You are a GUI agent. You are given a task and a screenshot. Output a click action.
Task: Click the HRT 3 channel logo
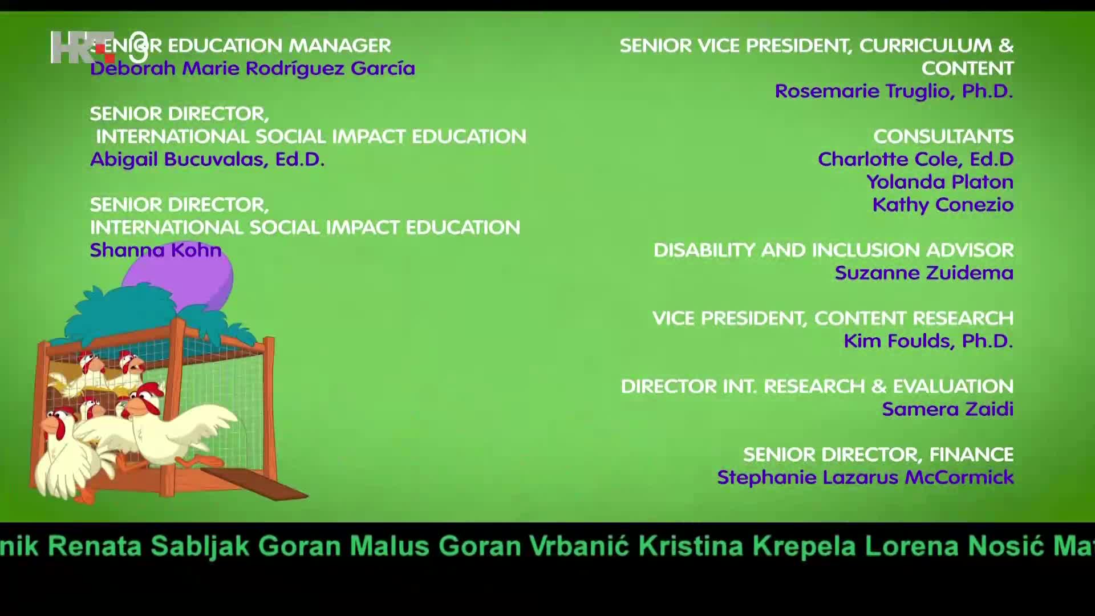pyautogui.click(x=100, y=47)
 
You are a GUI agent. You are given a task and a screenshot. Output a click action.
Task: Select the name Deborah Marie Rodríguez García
pyautogui.click(x=253, y=68)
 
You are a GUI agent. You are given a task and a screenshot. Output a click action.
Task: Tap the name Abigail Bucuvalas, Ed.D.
pyautogui.click(x=207, y=159)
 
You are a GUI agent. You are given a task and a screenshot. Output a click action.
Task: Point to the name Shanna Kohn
pyautogui.click(x=156, y=250)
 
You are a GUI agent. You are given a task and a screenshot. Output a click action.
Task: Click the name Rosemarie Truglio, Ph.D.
pyautogui.click(x=894, y=91)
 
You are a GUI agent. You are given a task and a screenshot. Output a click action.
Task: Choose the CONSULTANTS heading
pyautogui.click(x=943, y=136)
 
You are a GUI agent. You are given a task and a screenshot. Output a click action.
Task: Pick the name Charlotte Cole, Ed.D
pyautogui.click(x=915, y=159)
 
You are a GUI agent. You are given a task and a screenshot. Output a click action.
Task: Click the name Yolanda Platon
pyautogui.click(x=940, y=182)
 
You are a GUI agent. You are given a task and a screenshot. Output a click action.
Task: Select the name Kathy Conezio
pyautogui.click(x=943, y=205)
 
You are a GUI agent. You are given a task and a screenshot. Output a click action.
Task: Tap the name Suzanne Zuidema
pyautogui.click(x=924, y=273)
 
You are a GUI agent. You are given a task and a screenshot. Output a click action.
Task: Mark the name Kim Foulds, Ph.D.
pyautogui.click(x=928, y=341)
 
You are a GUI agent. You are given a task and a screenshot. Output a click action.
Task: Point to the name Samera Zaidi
pyautogui.click(x=947, y=409)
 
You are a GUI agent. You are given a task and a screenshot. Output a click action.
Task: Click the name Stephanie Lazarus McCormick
pyautogui.click(x=865, y=477)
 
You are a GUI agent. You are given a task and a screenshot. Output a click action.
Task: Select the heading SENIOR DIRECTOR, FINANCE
pyautogui.click(x=878, y=455)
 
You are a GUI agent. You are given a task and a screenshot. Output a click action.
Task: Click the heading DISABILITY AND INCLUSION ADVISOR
pyautogui.click(x=833, y=250)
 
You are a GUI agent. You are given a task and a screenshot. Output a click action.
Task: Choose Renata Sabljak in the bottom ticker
pyautogui.click(x=149, y=546)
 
